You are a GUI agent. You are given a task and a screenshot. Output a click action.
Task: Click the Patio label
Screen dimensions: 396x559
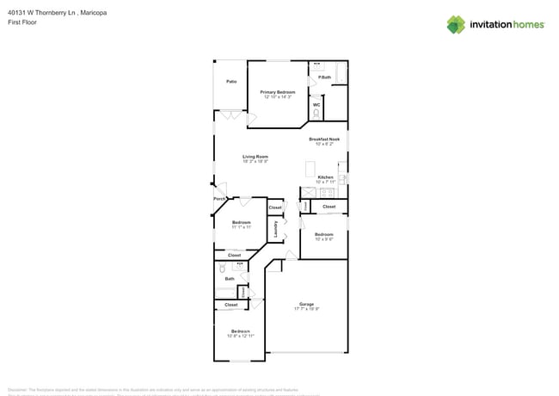(231, 82)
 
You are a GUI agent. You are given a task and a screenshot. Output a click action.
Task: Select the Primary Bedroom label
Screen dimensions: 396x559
(278, 92)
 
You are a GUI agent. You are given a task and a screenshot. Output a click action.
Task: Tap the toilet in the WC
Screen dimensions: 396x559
(316, 114)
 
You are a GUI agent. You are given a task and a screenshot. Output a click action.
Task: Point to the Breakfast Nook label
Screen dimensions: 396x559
(324, 139)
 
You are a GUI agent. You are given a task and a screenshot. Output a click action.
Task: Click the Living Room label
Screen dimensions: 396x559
(255, 157)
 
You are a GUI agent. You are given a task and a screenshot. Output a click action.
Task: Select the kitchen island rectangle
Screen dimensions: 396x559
(310, 169)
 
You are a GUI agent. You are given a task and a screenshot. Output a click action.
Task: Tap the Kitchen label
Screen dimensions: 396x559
(324, 177)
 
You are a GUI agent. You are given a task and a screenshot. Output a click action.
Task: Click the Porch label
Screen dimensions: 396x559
(219, 199)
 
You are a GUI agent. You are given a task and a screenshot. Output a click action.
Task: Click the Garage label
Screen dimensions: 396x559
(306, 304)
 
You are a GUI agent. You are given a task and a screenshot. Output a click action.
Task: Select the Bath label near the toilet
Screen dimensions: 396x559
(230, 279)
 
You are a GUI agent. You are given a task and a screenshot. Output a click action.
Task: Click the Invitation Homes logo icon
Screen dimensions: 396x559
(456, 24)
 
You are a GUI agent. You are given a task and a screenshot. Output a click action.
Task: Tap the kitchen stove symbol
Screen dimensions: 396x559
(341, 179)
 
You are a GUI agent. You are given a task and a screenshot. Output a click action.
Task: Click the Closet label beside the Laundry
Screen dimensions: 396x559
(275, 207)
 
